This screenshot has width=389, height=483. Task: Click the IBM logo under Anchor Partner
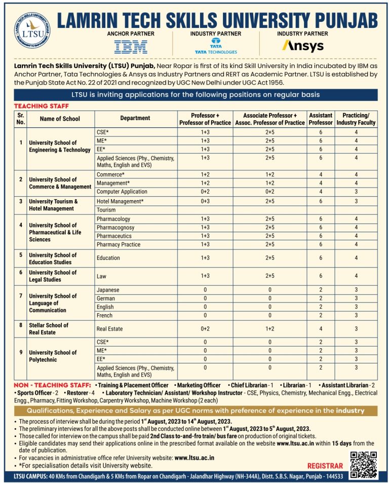(x=131, y=47)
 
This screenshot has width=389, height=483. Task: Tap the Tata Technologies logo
(x=216, y=46)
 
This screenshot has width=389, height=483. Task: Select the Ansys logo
(x=302, y=46)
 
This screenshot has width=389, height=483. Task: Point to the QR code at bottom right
(x=364, y=464)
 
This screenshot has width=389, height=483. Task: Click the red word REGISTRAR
(x=325, y=466)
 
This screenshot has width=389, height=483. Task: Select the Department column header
(x=135, y=118)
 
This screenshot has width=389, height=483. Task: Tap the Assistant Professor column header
(x=321, y=119)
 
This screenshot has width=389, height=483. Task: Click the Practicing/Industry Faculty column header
(x=356, y=119)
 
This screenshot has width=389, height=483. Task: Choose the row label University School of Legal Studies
(x=52, y=276)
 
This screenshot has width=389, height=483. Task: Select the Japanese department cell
(x=108, y=290)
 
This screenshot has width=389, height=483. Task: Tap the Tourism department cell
(x=106, y=209)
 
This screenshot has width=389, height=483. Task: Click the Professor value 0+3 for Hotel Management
(x=205, y=201)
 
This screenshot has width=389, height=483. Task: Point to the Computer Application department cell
(x=122, y=192)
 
